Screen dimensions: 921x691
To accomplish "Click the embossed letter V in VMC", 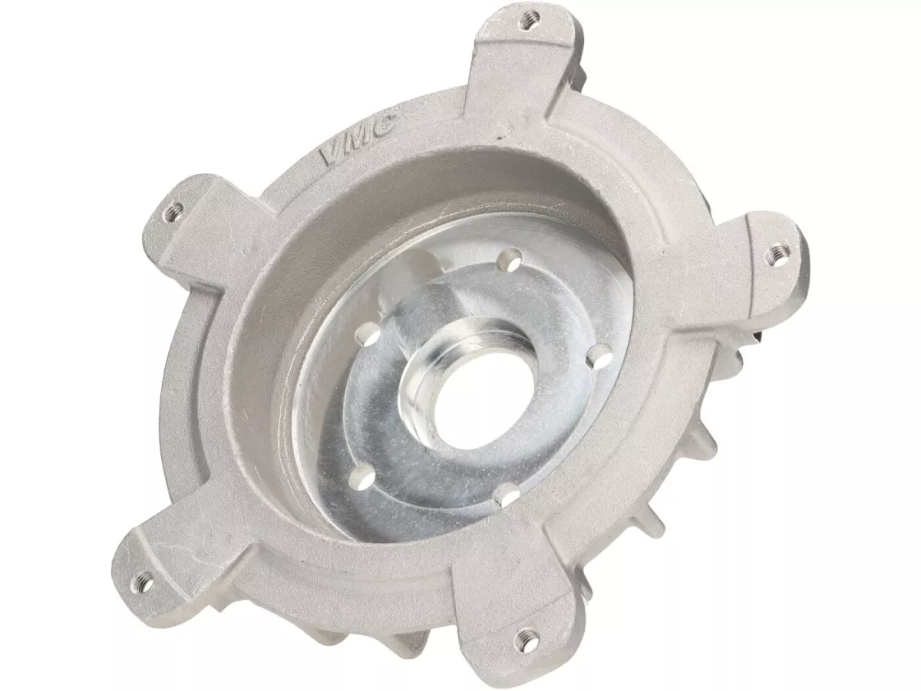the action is pos(329,156).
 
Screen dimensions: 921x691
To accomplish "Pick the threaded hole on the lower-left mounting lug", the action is pos(145,577).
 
